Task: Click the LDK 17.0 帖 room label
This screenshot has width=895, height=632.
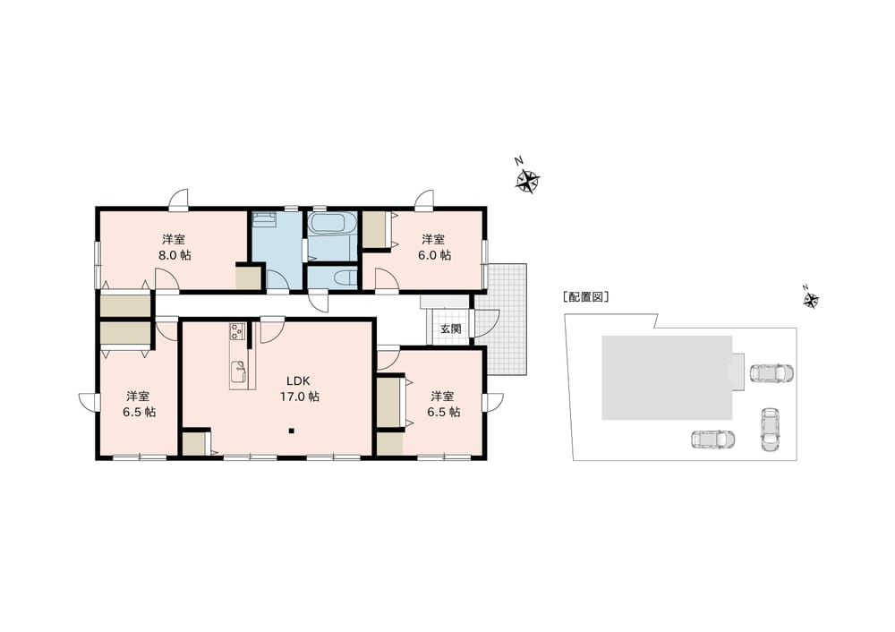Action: [x=299, y=389]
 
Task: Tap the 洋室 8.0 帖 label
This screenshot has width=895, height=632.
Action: [x=175, y=247]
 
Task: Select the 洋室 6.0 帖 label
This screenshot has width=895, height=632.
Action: [x=434, y=247]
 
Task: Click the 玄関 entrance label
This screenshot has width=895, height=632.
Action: [x=450, y=329]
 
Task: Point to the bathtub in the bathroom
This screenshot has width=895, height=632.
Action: [x=332, y=223]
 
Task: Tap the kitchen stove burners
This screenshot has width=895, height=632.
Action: [x=237, y=332]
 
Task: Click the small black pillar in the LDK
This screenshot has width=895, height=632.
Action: [x=291, y=431]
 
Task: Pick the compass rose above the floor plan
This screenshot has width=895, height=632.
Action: [x=527, y=182]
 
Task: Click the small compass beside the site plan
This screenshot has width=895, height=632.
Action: [x=811, y=300]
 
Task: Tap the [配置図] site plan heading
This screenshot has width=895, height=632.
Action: [x=585, y=297]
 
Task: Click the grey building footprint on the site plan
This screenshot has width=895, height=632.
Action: [x=667, y=378]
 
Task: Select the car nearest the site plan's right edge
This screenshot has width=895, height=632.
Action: [x=771, y=373]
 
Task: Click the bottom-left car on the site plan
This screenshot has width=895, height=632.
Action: [x=713, y=440]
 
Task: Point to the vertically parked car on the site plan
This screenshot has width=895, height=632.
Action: [x=770, y=430]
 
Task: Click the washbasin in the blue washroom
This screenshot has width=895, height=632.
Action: [x=264, y=219]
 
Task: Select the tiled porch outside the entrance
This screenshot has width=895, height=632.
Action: [x=505, y=319]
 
